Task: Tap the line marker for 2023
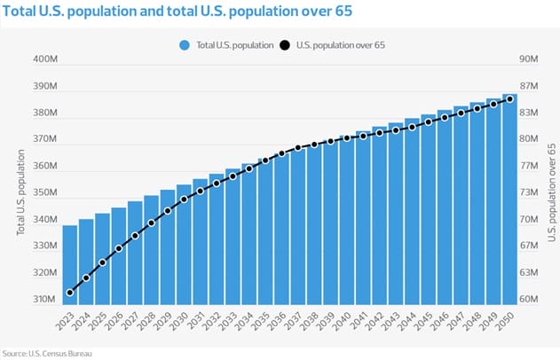point(69,293)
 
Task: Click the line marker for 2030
point(184,200)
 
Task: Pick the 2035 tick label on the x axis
point(264,321)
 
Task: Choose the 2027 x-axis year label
point(133,321)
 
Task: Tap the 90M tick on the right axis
point(529,59)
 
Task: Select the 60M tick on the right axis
point(529,300)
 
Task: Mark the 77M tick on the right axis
point(529,166)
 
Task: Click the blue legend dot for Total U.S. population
point(185,43)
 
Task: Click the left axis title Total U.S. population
point(20,192)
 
